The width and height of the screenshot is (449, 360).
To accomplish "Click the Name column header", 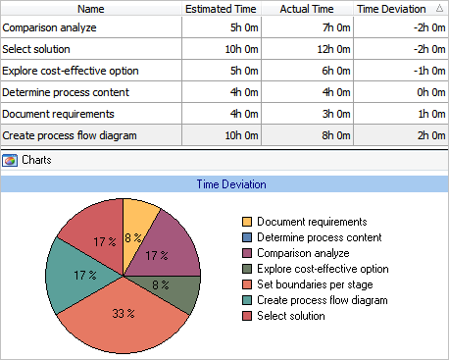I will (x=91, y=8).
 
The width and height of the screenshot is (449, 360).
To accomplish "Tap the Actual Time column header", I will (x=310, y=8).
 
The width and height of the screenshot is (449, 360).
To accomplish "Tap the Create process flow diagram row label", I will (x=70, y=135).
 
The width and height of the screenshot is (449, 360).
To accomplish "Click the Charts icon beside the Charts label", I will (x=10, y=159).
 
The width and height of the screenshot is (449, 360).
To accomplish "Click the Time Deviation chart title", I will (x=224, y=183).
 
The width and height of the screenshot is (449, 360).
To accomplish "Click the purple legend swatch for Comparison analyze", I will (x=246, y=253).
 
